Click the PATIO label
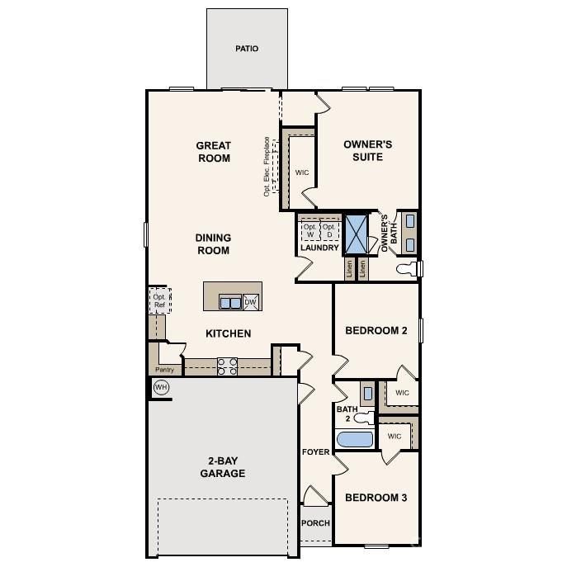246,49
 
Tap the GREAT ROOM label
213,152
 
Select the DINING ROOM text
212,244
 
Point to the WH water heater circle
161,387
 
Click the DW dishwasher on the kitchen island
250,303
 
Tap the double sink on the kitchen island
230,303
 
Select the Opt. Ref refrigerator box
159,300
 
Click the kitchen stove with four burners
227,366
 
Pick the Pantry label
165,370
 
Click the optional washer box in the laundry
309,230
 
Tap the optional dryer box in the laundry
328,230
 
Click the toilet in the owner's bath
408,269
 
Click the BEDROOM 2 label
376,331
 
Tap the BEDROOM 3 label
376,498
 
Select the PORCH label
315,523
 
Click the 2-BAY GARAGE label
222,467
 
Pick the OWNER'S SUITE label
367,150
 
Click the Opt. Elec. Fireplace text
267,166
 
